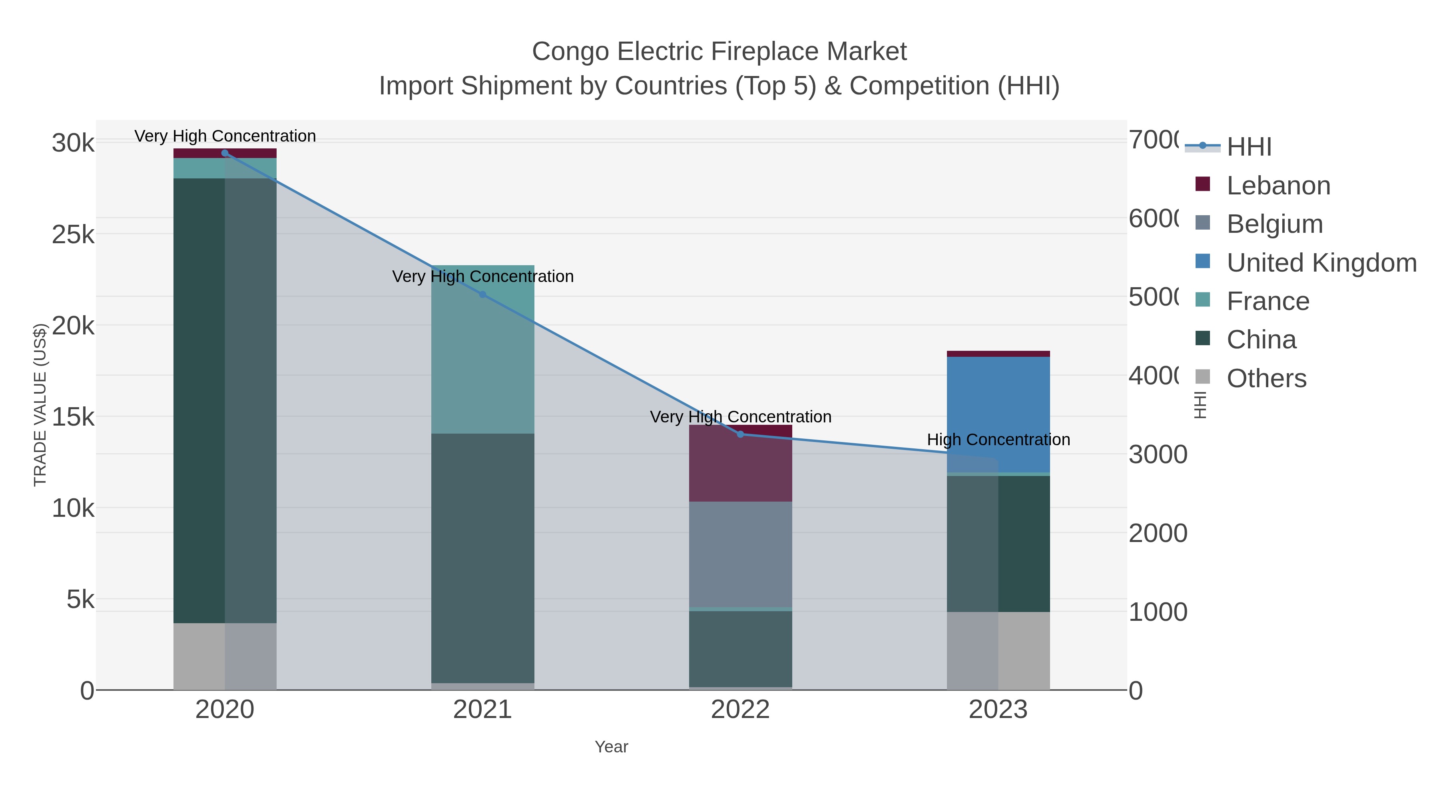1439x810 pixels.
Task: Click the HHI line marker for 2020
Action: (x=225, y=153)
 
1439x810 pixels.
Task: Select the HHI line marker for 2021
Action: (x=482, y=294)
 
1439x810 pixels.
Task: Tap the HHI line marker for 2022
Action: (x=740, y=434)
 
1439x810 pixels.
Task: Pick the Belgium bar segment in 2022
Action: (x=740, y=554)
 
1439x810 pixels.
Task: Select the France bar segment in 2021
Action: (x=482, y=349)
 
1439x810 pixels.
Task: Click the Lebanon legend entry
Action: (x=1278, y=186)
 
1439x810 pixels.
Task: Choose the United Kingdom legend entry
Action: (x=1321, y=263)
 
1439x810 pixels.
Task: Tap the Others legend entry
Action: (x=1266, y=378)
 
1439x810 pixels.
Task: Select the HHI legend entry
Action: (x=1249, y=147)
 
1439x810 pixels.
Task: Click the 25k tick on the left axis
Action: (x=73, y=235)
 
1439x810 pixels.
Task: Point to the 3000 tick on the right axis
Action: (x=1158, y=454)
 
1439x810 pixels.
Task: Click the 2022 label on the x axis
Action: (x=740, y=710)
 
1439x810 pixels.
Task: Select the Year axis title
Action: (x=611, y=747)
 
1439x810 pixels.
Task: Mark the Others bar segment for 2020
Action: (x=225, y=656)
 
